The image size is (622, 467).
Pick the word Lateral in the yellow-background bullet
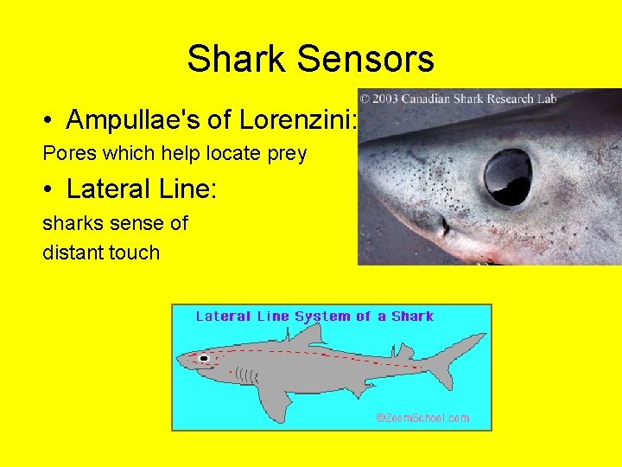tap(109, 188)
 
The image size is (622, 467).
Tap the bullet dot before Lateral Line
tap(53, 189)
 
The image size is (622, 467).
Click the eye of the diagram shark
tap(204, 357)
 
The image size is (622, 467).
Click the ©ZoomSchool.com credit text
tap(422, 418)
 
